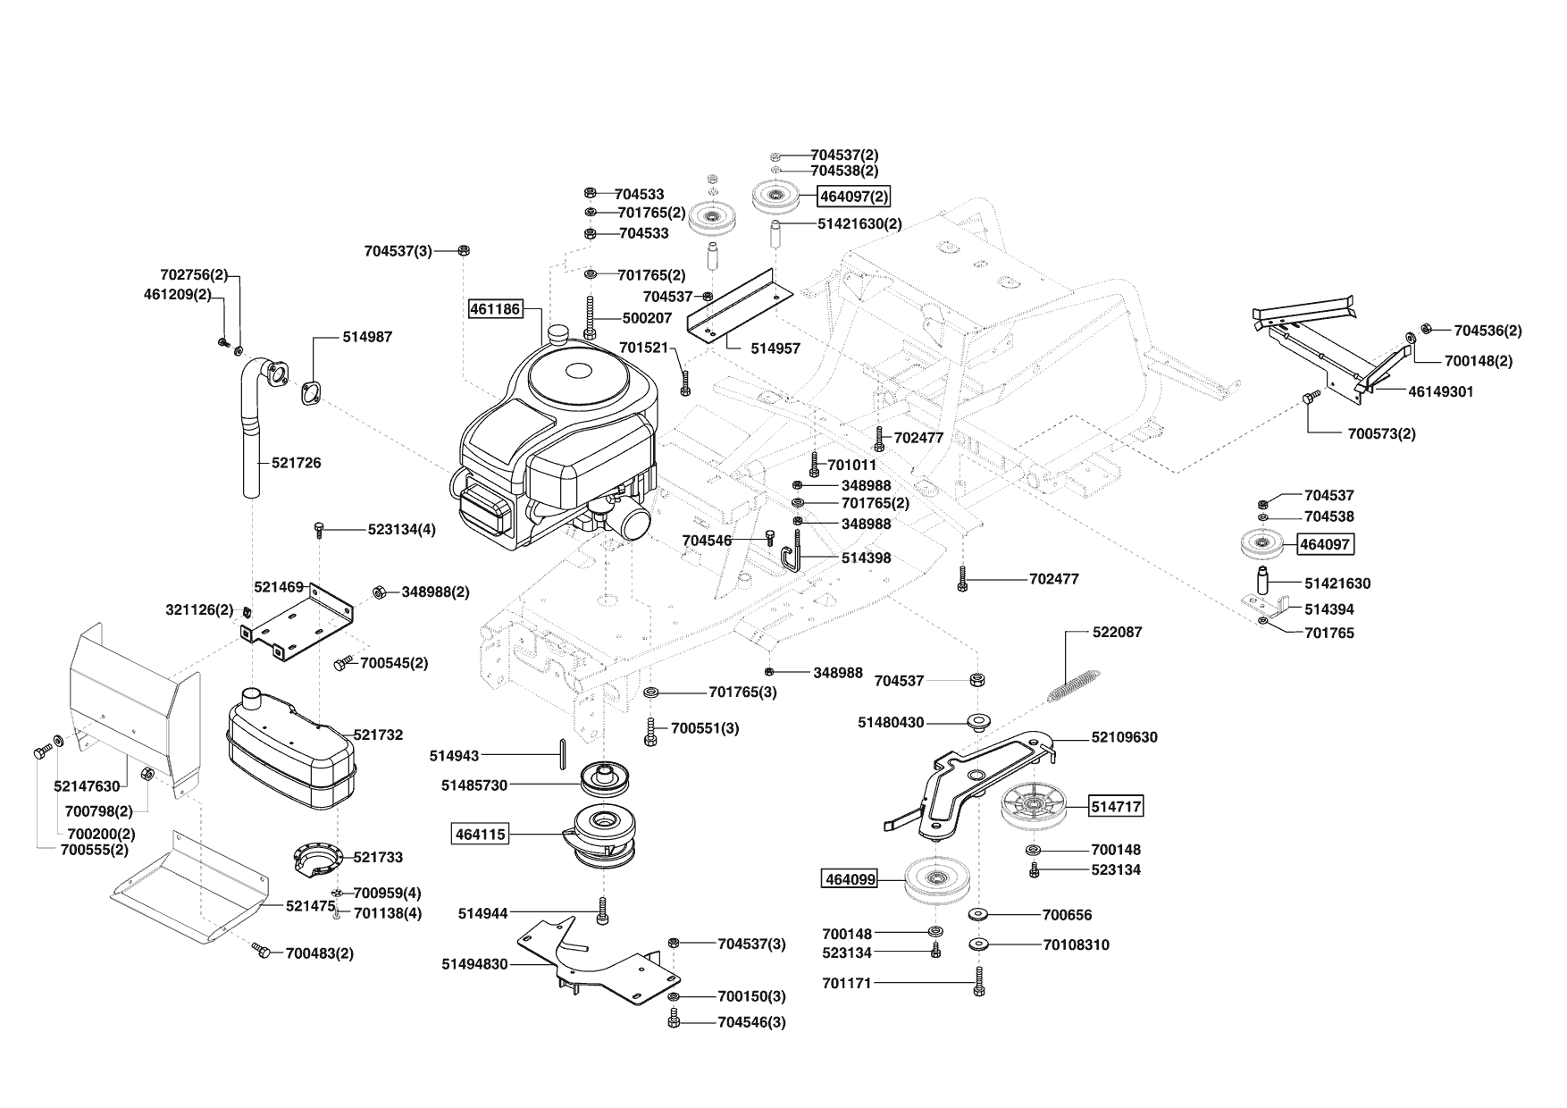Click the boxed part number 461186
click(496, 308)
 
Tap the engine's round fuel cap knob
click(559, 334)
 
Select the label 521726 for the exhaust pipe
click(297, 463)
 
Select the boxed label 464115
click(481, 835)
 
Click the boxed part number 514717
click(1116, 807)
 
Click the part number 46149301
click(1441, 391)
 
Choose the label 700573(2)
click(1381, 434)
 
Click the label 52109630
click(1124, 737)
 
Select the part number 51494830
click(474, 964)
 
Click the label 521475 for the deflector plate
click(310, 906)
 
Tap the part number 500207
click(647, 318)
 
